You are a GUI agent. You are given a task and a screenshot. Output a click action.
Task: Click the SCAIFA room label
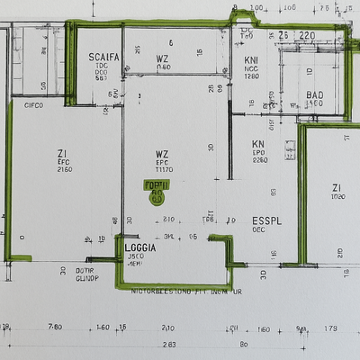click(x=104, y=57)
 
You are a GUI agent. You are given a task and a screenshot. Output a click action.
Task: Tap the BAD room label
click(x=314, y=94)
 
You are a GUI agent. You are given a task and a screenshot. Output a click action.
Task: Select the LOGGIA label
click(x=141, y=247)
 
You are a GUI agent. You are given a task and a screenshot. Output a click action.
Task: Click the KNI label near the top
click(x=251, y=60)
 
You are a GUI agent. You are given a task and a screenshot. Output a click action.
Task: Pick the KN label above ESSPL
click(x=258, y=144)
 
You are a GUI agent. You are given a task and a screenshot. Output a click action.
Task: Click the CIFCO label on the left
click(x=34, y=105)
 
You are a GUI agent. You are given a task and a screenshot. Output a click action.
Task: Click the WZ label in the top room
click(x=162, y=57)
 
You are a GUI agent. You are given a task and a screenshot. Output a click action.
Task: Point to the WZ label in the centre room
click(x=162, y=153)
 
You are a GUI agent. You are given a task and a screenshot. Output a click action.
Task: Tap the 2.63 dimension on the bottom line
click(x=168, y=345)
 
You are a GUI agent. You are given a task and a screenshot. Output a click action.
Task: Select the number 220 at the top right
click(x=307, y=35)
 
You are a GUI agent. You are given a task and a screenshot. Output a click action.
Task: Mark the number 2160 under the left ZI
click(x=64, y=169)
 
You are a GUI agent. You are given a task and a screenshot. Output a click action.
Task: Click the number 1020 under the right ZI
click(x=338, y=197)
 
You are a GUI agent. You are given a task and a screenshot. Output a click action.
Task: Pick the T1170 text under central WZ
click(x=164, y=169)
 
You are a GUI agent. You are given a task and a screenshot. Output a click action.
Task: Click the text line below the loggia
click(x=186, y=292)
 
